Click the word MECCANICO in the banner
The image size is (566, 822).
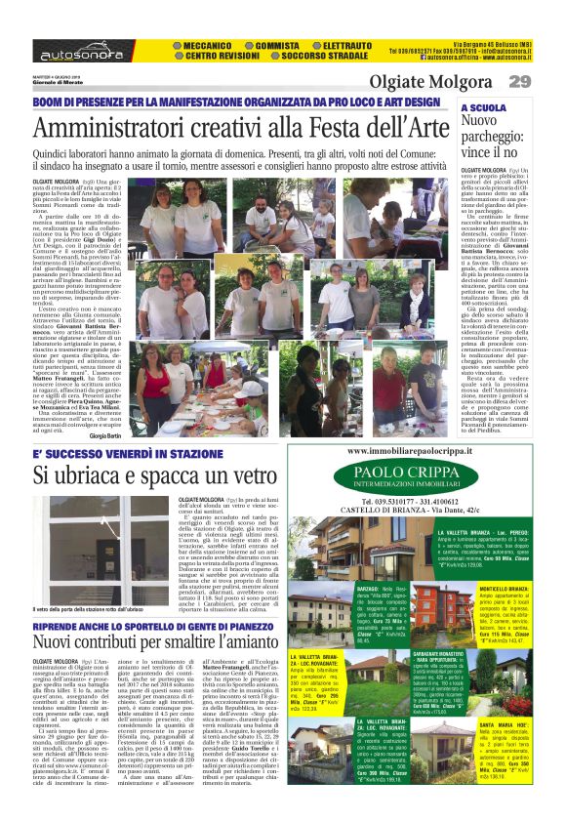click(x=210, y=45)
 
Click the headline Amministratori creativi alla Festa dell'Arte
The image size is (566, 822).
click(x=235, y=129)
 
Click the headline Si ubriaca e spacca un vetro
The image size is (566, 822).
click(x=156, y=475)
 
